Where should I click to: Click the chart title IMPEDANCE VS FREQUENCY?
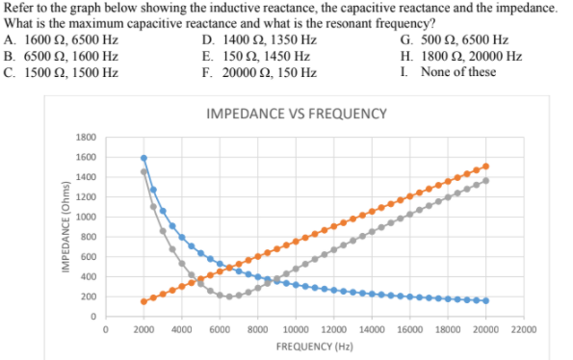(297, 114)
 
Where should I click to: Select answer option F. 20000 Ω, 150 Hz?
(259, 72)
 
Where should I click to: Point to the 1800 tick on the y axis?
(86, 138)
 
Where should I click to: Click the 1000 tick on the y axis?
(86, 217)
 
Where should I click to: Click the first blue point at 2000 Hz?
(143, 158)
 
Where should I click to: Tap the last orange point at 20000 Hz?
(485, 166)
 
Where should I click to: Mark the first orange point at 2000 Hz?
(143, 301)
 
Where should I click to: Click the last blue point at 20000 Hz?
(485, 300)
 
